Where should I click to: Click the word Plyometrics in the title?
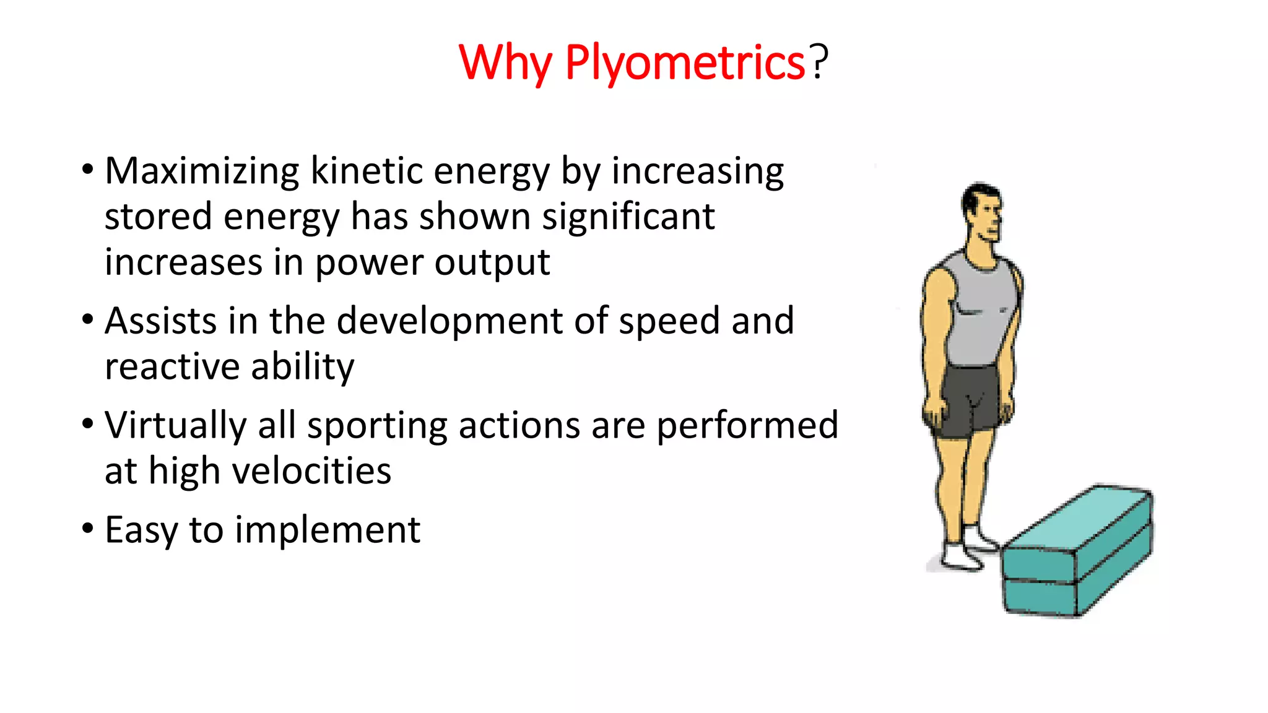(x=684, y=63)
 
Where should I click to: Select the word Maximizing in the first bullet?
(x=202, y=171)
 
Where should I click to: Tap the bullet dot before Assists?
(x=88, y=320)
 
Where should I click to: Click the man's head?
(x=981, y=212)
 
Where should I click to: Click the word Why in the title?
(x=505, y=63)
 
